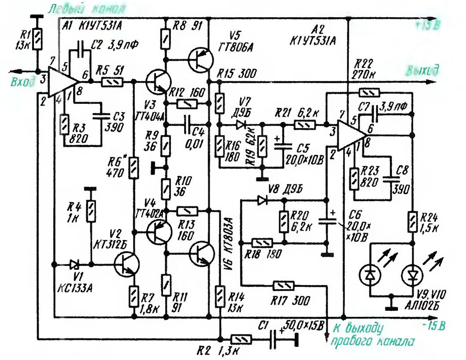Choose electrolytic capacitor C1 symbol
click(280, 339)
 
